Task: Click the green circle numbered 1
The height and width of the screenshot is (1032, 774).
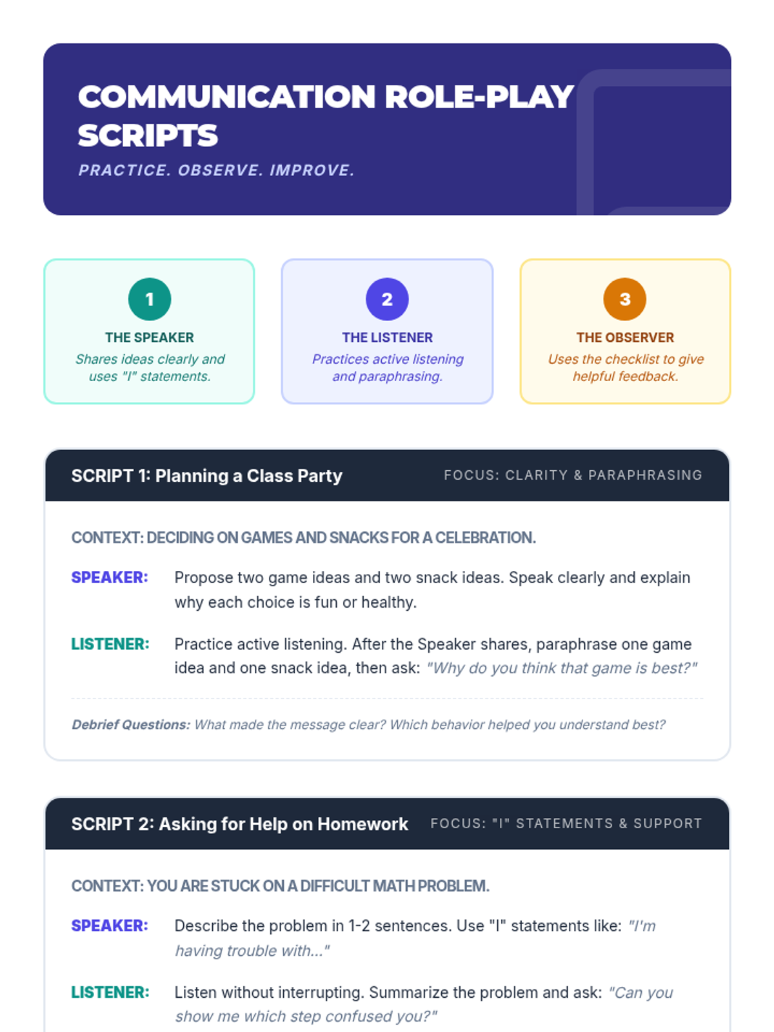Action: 150,299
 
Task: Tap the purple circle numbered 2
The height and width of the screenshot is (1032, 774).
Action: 387,299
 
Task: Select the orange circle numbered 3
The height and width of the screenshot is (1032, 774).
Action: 624,299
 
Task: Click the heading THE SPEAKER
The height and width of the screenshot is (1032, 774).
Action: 150,337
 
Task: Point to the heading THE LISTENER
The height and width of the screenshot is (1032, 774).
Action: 387,337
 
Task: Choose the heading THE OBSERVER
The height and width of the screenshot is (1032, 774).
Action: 624,337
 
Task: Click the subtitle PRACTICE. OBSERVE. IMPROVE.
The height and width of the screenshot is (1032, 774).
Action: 217,170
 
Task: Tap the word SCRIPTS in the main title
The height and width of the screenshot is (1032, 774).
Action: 148,135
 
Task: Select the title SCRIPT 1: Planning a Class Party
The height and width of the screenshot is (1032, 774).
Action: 206,476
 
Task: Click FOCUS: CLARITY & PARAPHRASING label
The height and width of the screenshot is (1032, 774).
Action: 573,475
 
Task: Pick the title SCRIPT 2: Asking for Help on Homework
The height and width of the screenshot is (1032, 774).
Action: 239,824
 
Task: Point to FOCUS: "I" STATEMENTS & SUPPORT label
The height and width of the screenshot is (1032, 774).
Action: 566,824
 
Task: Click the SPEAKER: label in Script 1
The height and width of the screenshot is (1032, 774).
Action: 110,577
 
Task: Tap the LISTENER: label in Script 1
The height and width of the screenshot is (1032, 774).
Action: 110,644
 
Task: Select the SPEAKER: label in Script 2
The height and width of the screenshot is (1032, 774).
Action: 110,926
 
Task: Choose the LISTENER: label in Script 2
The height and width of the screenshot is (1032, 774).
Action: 110,992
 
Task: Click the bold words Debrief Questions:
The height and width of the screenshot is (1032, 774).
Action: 131,725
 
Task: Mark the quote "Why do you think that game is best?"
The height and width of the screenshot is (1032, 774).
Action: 562,668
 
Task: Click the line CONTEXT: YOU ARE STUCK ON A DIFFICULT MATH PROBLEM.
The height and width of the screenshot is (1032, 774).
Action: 280,886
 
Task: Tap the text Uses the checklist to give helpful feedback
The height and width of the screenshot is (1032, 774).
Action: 625,368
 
